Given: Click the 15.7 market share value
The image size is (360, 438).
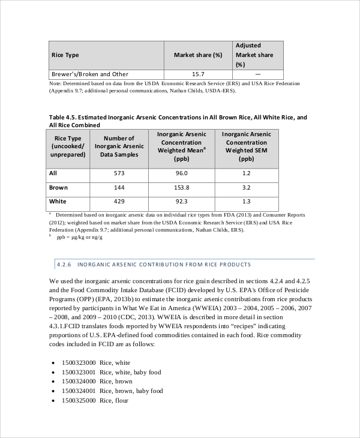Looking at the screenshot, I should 198,74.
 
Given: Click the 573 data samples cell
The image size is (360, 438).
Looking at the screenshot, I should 119,173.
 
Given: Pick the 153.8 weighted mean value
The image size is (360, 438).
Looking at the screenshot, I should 181,188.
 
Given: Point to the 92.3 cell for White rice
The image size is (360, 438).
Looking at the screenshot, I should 181,202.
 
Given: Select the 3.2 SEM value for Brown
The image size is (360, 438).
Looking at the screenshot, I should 246,188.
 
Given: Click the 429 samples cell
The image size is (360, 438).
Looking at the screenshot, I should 119,202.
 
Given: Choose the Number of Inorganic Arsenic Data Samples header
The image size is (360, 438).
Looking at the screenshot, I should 119,146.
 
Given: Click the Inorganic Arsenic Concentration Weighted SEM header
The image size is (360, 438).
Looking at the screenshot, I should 246,146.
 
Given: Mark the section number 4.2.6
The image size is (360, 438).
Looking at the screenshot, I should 63,264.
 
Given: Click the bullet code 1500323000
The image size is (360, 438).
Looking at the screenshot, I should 79,362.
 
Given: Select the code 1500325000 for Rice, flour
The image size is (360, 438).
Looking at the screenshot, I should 79,400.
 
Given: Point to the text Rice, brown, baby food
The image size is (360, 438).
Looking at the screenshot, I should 131,391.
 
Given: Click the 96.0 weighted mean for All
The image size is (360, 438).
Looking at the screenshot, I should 181,173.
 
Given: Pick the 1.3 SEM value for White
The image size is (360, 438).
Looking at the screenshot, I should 246,202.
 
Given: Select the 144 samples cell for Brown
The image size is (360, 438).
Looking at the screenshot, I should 119,188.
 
